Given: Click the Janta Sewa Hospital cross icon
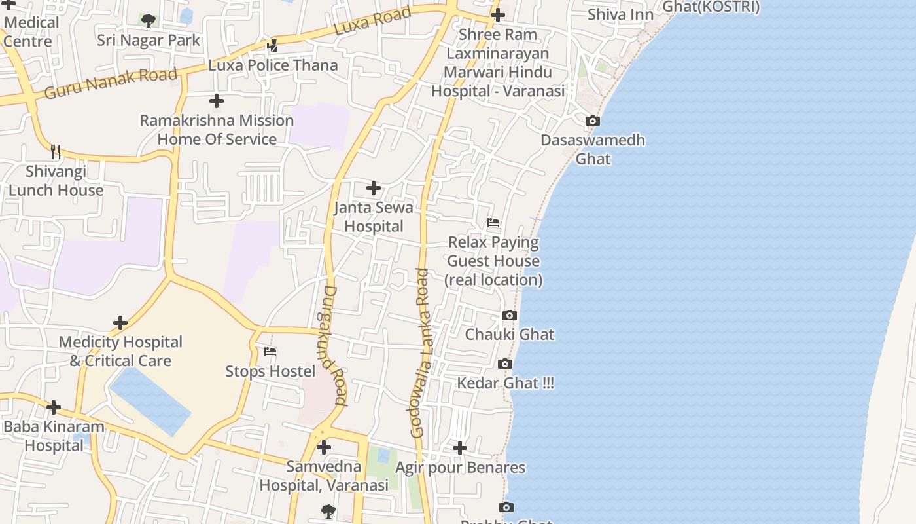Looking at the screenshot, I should click(x=374, y=189).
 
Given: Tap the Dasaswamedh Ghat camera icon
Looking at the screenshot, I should click(x=593, y=121).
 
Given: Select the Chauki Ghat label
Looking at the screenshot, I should click(x=509, y=335).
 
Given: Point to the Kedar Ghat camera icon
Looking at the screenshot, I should click(x=505, y=364).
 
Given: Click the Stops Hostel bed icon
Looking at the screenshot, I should click(x=270, y=352).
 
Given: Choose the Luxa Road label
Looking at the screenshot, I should click(x=372, y=21).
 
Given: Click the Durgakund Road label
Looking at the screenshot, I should click(x=335, y=345).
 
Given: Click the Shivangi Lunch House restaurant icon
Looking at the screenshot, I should click(x=56, y=152).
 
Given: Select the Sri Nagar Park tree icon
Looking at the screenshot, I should click(x=149, y=20).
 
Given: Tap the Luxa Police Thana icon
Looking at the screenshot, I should click(x=273, y=46).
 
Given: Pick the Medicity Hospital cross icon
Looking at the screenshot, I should click(x=120, y=323).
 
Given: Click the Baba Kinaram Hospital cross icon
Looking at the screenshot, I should click(x=54, y=407).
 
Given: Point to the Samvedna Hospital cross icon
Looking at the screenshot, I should click(x=324, y=448).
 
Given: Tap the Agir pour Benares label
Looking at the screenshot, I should click(x=460, y=468).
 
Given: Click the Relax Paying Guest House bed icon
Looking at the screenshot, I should click(x=493, y=223).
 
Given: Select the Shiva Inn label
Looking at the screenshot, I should click(x=620, y=14).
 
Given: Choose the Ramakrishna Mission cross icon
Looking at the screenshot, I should click(x=217, y=101).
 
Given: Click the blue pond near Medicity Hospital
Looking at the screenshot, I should click(x=150, y=401).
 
